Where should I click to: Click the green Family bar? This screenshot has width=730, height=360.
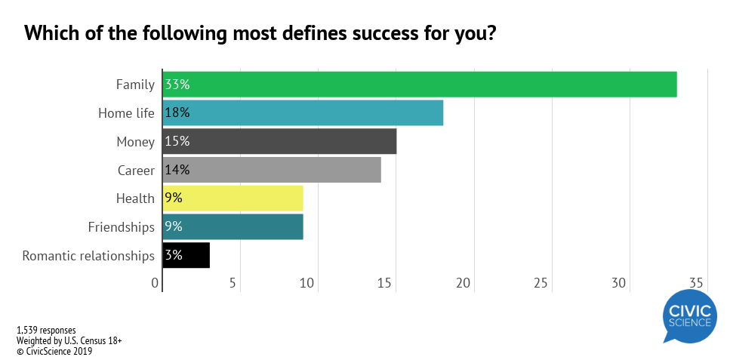(x=419, y=84)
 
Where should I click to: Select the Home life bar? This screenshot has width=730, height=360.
(x=302, y=112)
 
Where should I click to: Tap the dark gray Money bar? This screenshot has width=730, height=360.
(x=279, y=141)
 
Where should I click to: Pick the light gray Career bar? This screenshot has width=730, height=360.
(x=272, y=170)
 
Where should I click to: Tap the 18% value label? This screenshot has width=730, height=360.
(x=177, y=112)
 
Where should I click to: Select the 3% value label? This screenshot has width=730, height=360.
(x=174, y=255)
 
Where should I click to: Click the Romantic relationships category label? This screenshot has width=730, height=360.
(x=88, y=255)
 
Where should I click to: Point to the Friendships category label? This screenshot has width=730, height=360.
(x=122, y=226)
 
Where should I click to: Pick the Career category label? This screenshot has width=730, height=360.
(x=136, y=170)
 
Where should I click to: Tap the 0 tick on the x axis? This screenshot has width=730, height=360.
(x=156, y=283)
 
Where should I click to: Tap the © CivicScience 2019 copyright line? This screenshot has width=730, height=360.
(x=54, y=350)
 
